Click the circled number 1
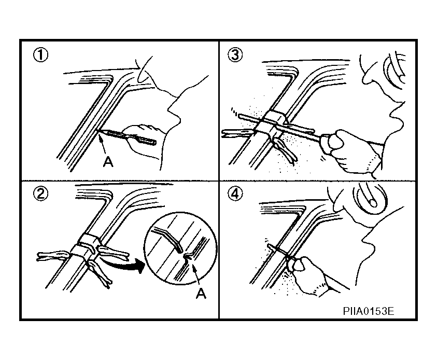pos(40,55)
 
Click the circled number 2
pos(40,193)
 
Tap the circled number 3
pos(235,55)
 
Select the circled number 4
pos(235,193)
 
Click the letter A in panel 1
pos(108,161)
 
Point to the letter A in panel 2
pos(201,294)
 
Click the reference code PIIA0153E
pos(369,311)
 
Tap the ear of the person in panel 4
pos(370,199)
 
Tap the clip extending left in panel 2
pos(53,256)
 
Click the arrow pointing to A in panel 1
pos(102,144)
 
